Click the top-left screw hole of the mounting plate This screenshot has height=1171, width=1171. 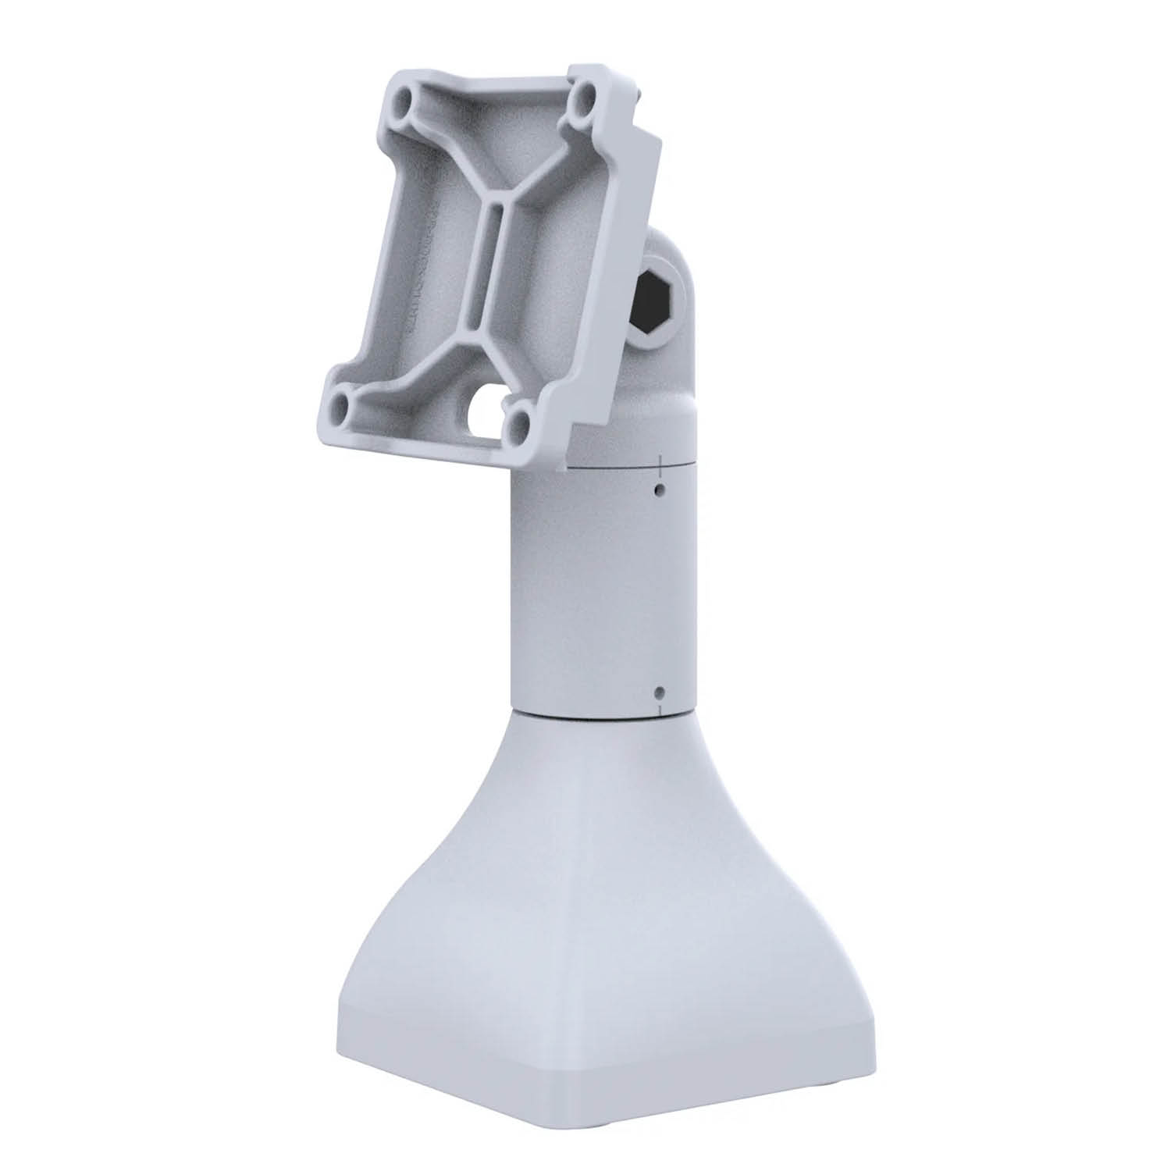point(404,101)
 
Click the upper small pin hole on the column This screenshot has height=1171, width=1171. point(660,489)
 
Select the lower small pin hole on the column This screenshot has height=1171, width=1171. point(660,692)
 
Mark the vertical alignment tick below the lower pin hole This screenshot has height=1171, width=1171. point(661,709)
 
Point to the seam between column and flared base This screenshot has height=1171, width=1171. point(601,712)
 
